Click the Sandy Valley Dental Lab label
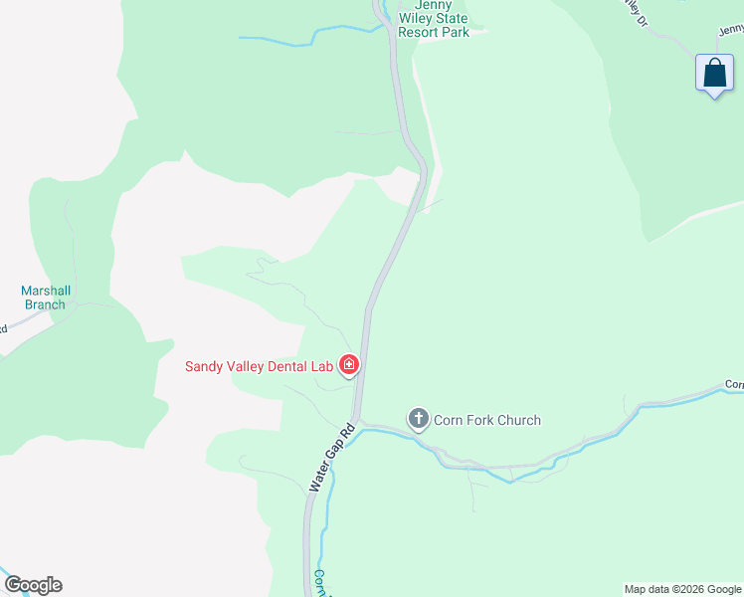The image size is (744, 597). click(x=259, y=366)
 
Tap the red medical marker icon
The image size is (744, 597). click(x=348, y=366)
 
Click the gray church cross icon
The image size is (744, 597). click(x=419, y=419)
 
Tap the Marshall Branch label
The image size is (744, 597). click(x=46, y=298)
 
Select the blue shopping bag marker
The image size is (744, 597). click(x=714, y=74)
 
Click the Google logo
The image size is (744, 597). click(x=33, y=585)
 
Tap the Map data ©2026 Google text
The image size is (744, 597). click(x=683, y=589)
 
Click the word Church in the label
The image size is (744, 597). click(x=517, y=420)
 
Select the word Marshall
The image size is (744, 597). click(x=46, y=291)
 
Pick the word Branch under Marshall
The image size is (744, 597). click(x=46, y=304)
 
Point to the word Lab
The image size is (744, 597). click(x=321, y=366)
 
